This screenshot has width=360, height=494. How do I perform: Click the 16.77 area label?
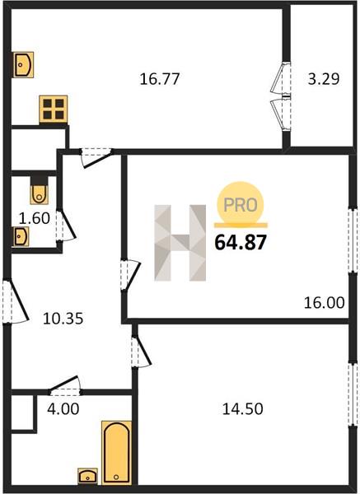click(x=160, y=79)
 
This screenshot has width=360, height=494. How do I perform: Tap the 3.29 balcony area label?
click(x=324, y=79)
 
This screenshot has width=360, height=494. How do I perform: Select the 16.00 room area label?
click(x=324, y=303)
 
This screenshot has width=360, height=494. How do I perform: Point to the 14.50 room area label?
click(x=243, y=409)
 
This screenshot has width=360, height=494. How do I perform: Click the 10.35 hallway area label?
click(x=63, y=319)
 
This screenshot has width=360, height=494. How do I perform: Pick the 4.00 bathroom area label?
click(x=63, y=409)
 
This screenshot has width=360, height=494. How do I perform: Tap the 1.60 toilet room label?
click(x=35, y=218)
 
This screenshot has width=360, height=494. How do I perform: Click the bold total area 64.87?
click(x=241, y=243)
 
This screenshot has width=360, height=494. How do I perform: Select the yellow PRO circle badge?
click(x=241, y=204)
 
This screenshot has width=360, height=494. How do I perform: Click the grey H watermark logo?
click(x=180, y=243)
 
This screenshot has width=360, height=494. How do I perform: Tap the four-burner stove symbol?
click(x=54, y=109)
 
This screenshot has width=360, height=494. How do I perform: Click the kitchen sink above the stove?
click(x=23, y=65)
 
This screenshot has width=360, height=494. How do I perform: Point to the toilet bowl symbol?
click(x=39, y=193)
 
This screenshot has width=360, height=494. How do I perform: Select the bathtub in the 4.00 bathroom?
click(x=117, y=453)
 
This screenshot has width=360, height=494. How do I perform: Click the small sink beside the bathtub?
click(x=87, y=476)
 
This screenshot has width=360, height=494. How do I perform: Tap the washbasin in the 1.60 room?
click(x=21, y=236)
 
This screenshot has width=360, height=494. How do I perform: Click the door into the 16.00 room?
click(x=129, y=275)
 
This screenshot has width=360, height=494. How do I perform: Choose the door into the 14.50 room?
click(x=140, y=352)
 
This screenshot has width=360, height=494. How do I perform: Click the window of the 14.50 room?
click(x=353, y=394)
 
